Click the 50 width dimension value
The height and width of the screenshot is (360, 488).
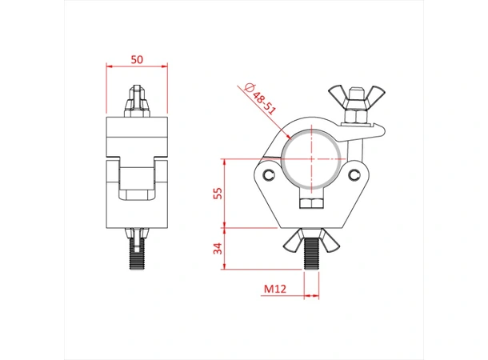[137, 60]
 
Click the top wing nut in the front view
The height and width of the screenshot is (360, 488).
[351, 102]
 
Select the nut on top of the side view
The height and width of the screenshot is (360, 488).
[137, 104]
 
